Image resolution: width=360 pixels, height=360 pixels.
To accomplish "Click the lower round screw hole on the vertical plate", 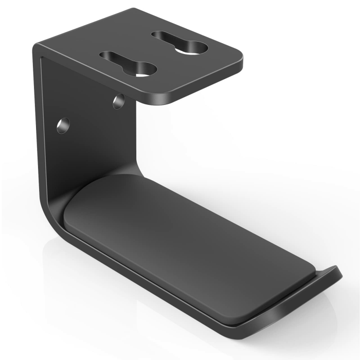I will click(x=63, y=125).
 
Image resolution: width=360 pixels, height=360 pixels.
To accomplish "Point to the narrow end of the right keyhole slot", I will click(x=158, y=36).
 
